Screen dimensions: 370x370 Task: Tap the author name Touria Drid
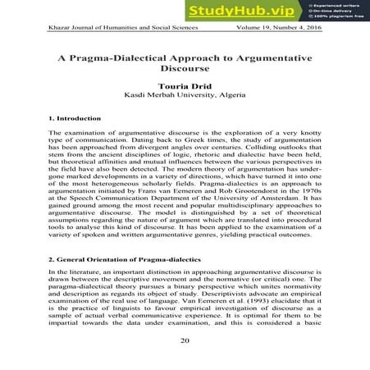pyautogui.click(x=185, y=95)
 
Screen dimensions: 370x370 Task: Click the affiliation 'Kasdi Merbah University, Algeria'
pyautogui.click(x=185, y=107)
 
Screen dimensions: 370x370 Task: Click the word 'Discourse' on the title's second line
pyautogui.click(x=185, y=74)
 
